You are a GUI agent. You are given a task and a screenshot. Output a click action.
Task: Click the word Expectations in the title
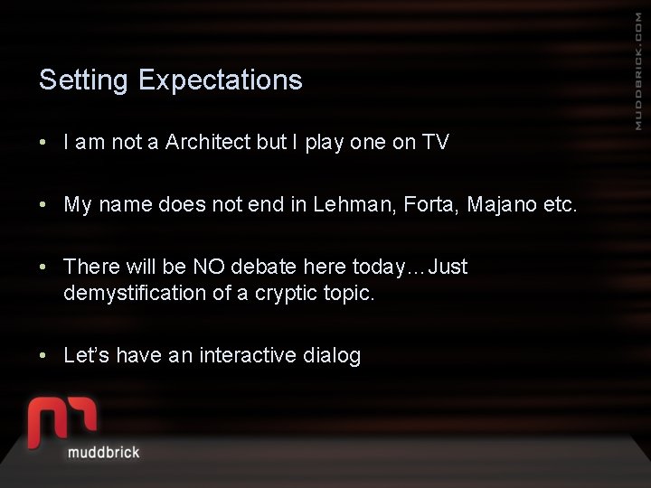coord(221,81)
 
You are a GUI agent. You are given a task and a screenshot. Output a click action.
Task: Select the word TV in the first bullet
coord(435,142)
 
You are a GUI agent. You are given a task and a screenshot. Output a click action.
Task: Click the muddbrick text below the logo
coord(104,452)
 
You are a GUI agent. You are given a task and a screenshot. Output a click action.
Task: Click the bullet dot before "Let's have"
coord(43,356)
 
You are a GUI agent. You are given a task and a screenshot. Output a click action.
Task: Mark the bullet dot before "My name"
coord(43,205)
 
